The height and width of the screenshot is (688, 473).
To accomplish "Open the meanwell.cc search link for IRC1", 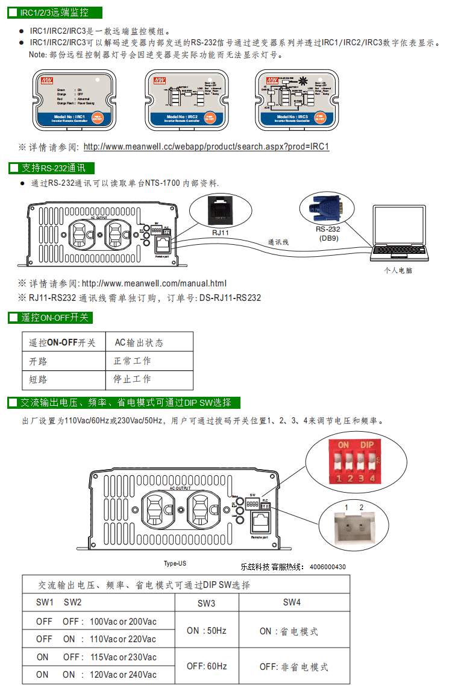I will [x=206, y=147].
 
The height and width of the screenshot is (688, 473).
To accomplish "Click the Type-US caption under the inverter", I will [x=175, y=564].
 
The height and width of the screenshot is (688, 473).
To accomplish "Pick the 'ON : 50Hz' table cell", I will [x=206, y=631].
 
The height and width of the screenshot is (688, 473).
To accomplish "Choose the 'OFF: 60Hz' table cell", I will [x=206, y=666].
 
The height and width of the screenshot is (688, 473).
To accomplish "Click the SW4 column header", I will [x=292, y=602].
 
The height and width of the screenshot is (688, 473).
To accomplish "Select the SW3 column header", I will [x=206, y=603].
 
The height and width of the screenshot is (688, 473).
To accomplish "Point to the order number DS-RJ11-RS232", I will [x=230, y=298].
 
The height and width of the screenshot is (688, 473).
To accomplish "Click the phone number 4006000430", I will [x=328, y=567].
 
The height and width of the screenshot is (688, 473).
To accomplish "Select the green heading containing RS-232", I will [x=52, y=168].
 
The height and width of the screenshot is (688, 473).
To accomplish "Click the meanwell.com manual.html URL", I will [x=154, y=283].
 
